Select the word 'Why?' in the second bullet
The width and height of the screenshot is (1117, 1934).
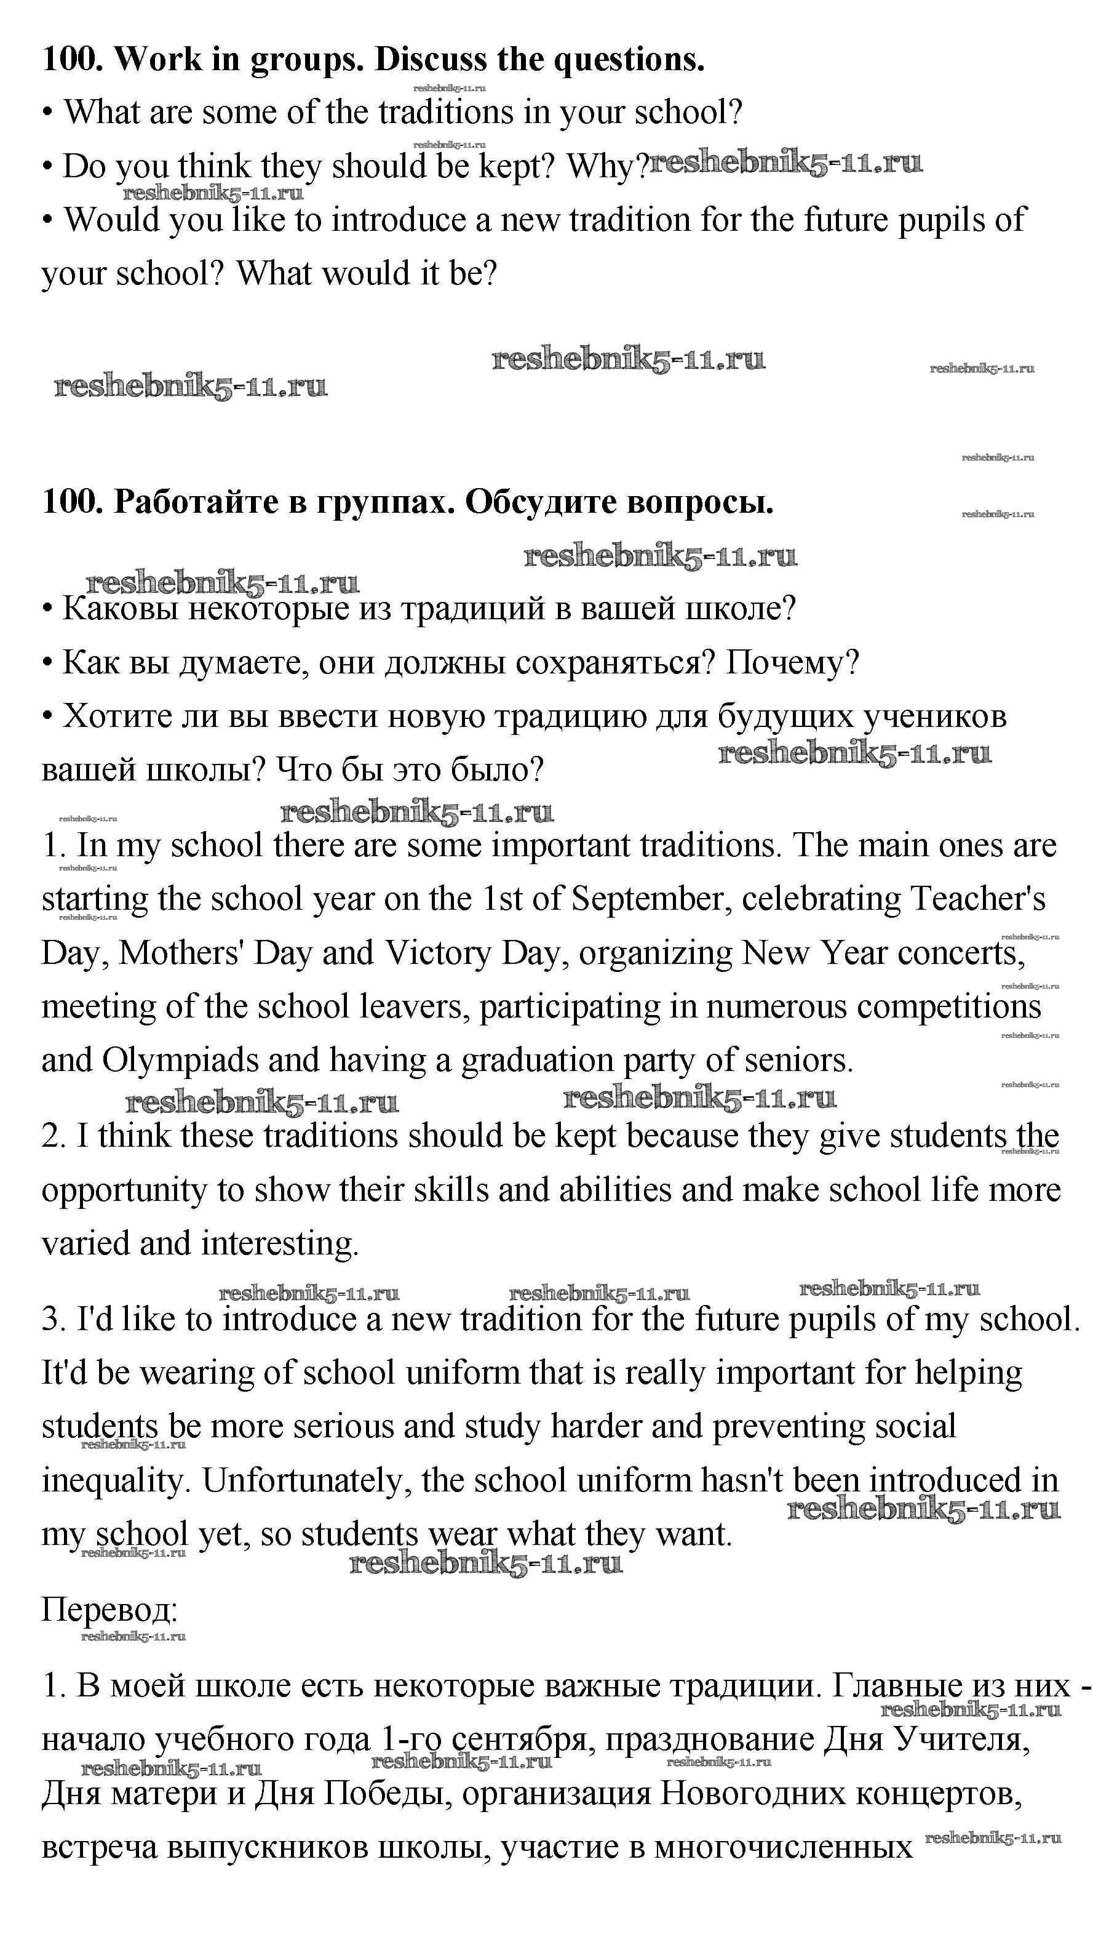[606, 166]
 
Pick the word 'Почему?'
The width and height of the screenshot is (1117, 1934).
[792, 662]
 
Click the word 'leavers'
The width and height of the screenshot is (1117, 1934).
[415, 1006]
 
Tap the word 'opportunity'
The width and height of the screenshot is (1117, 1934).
[124, 1190]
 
